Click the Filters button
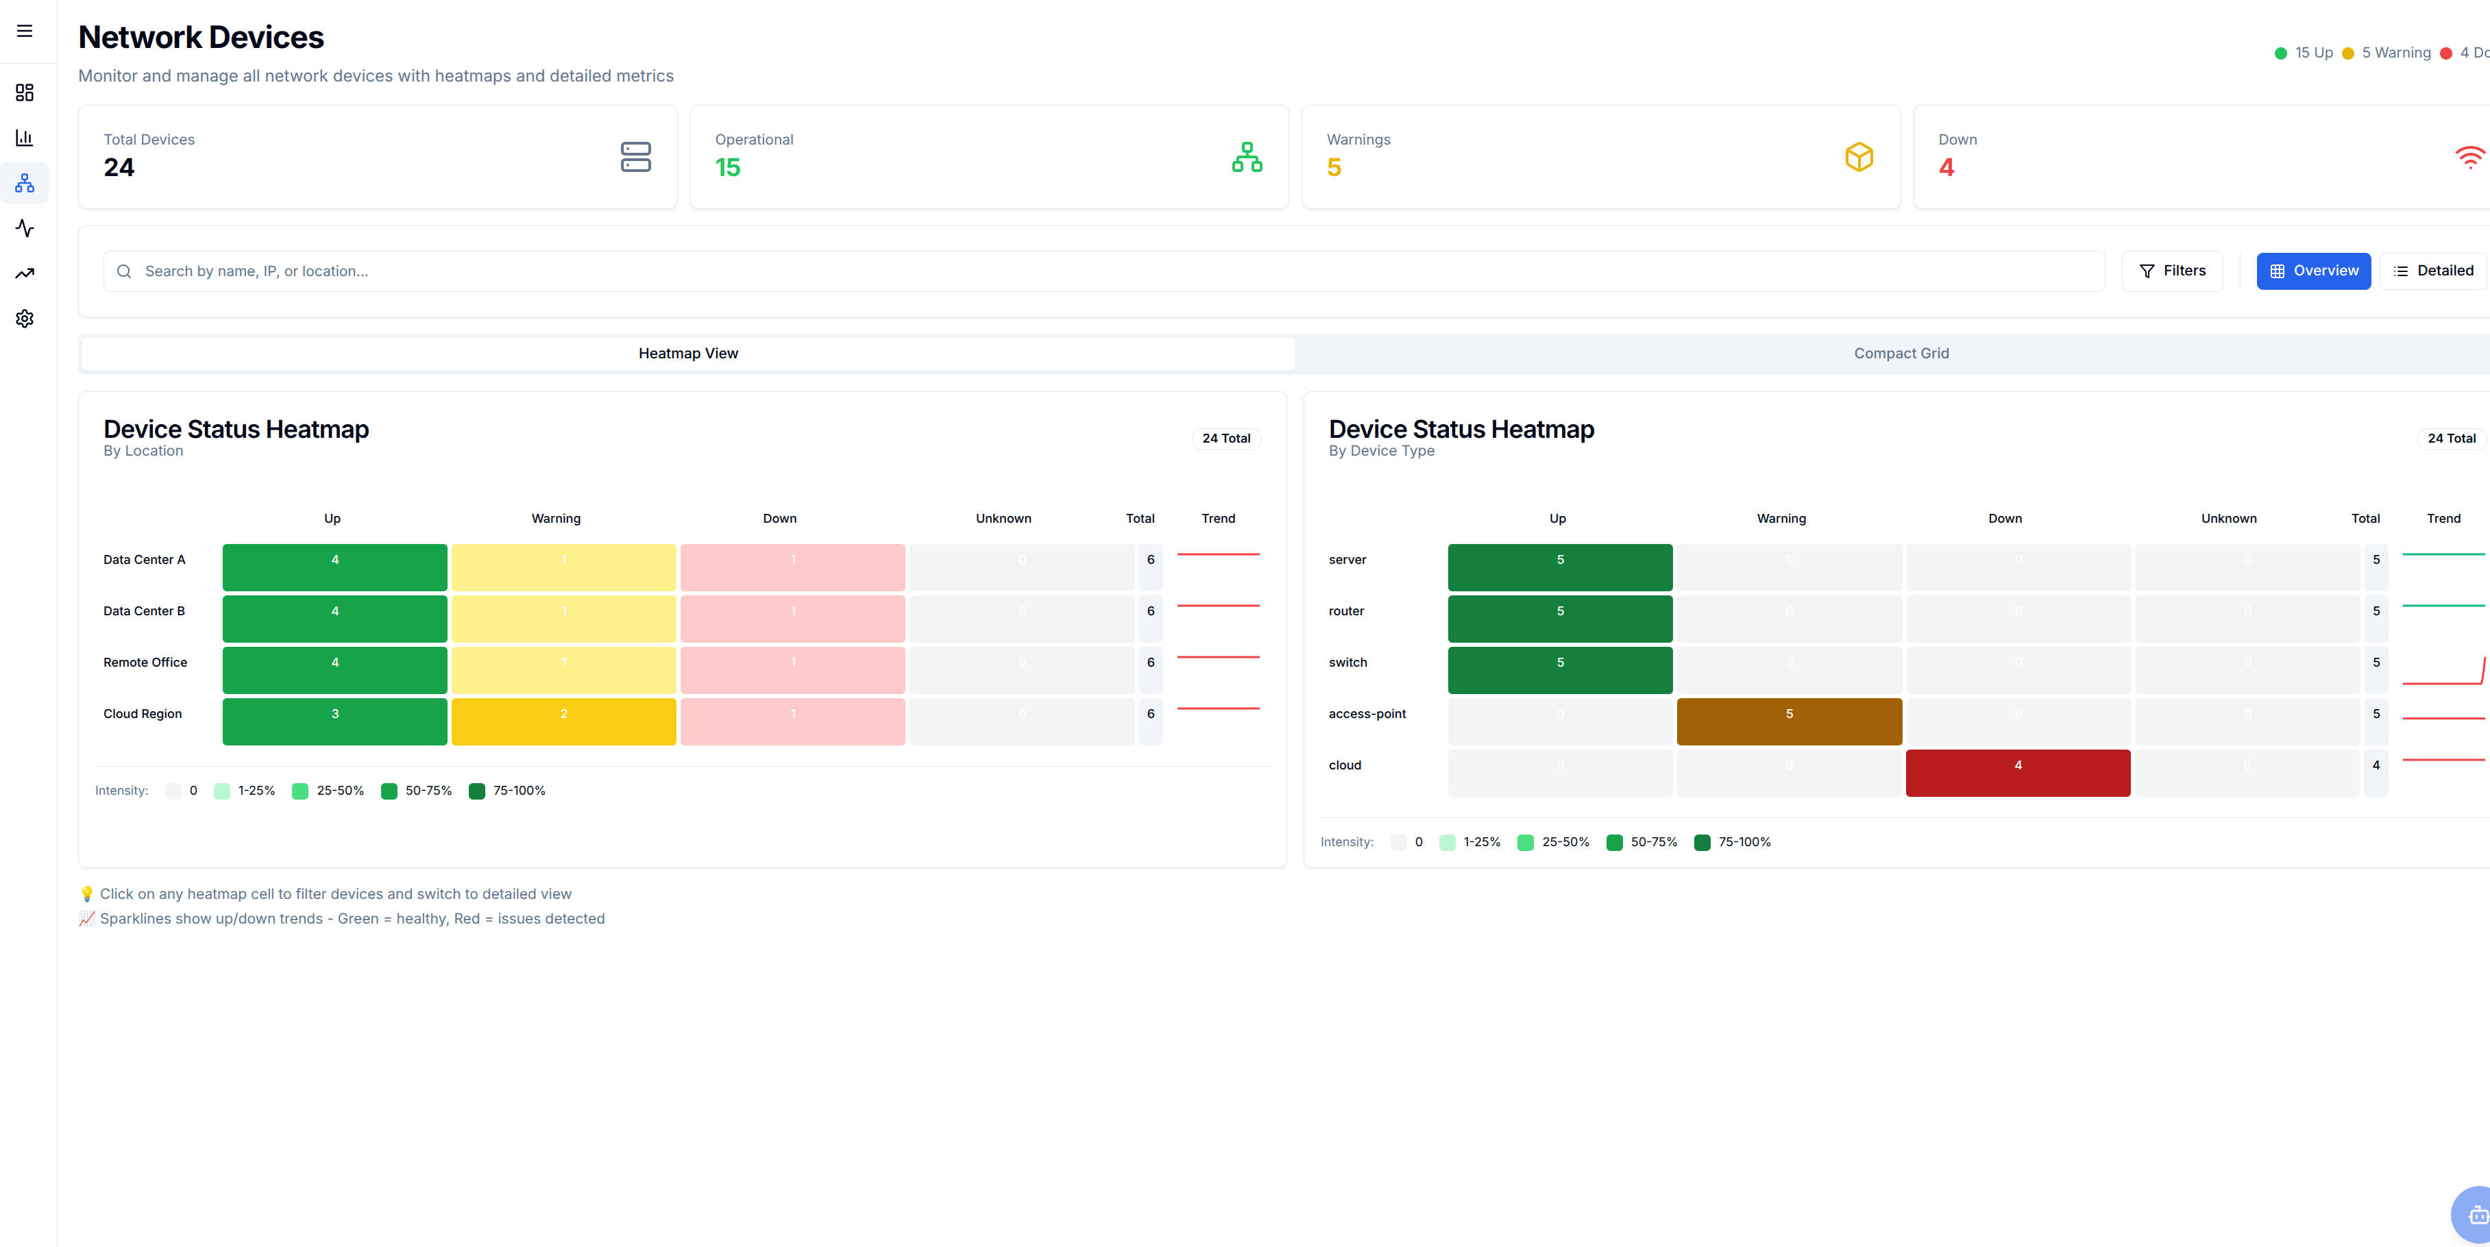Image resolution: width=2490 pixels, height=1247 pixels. (x=2172, y=271)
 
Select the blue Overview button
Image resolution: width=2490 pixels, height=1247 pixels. (x=2312, y=271)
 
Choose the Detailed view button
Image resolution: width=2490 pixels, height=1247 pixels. (x=2433, y=271)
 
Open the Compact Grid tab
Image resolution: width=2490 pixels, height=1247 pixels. (x=1901, y=354)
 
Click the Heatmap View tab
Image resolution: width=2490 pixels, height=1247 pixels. (x=688, y=354)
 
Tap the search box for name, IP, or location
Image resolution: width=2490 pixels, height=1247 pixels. (x=1102, y=271)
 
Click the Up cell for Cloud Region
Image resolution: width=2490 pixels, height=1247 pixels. (x=334, y=721)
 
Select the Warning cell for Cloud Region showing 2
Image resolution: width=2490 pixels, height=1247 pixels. (x=563, y=721)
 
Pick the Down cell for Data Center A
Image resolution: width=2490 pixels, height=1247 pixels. (x=792, y=567)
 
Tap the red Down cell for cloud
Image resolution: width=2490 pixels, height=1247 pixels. (x=2017, y=772)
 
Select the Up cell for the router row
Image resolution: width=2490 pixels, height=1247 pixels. (x=1559, y=619)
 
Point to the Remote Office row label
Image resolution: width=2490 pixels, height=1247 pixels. (x=145, y=662)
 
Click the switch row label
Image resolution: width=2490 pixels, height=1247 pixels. (x=1347, y=662)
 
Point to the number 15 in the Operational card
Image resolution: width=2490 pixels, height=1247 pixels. (x=728, y=168)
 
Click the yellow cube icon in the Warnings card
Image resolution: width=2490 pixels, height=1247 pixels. (x=1858, y=157)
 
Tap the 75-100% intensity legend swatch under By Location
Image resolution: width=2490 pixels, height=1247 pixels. (x=476, y=791)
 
